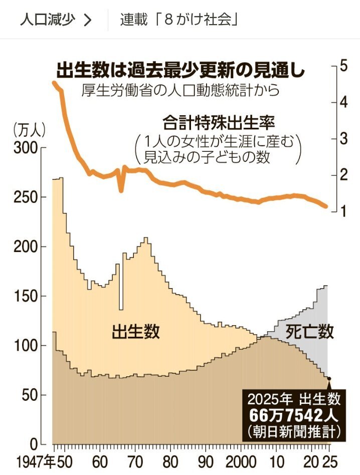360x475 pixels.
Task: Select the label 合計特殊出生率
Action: coord(220,122)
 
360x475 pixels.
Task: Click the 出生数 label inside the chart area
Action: coord(135,331)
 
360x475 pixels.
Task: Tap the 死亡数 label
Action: coord(310,331)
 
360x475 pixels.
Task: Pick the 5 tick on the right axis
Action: coord(344,66)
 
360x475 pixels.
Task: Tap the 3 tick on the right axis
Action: coord(344,139)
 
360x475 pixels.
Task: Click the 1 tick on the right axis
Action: coord(344,211)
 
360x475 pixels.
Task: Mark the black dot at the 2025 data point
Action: coord(329,378)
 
